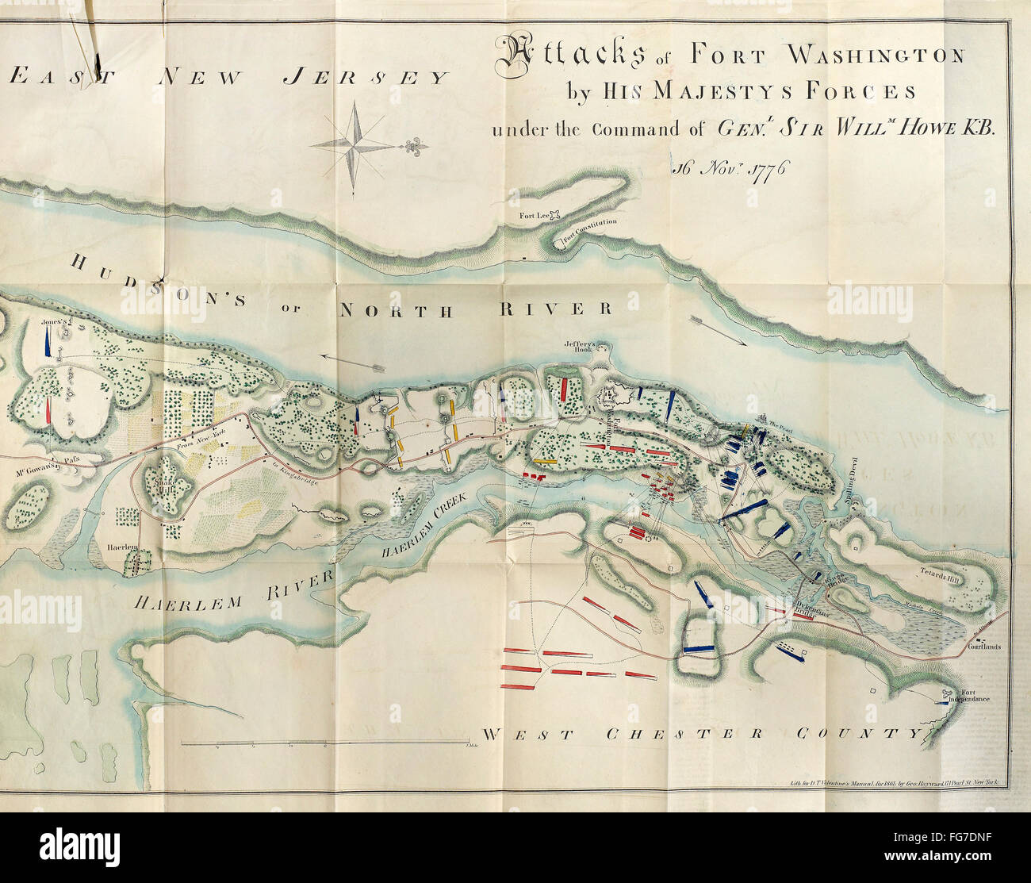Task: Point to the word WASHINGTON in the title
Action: click(886, 55)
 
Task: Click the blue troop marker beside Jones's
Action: click(48, 343)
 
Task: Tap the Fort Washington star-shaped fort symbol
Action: click(614, 396)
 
